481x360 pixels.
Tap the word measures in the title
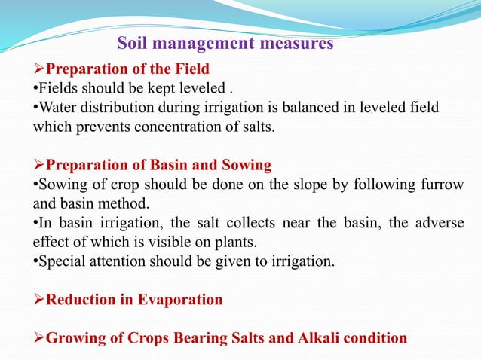click(295, 44)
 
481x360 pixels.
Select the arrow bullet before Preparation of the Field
click(39, 70)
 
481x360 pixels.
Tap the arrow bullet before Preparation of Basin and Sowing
click(39, 165)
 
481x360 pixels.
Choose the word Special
click(58, 261)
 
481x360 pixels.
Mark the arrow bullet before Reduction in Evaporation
click(39, 301)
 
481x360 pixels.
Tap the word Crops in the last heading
click(149, 338)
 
